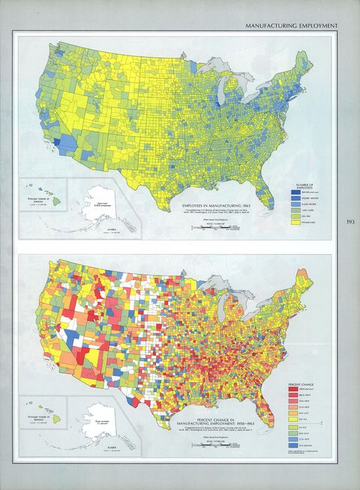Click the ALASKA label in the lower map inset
coord(106,447)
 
